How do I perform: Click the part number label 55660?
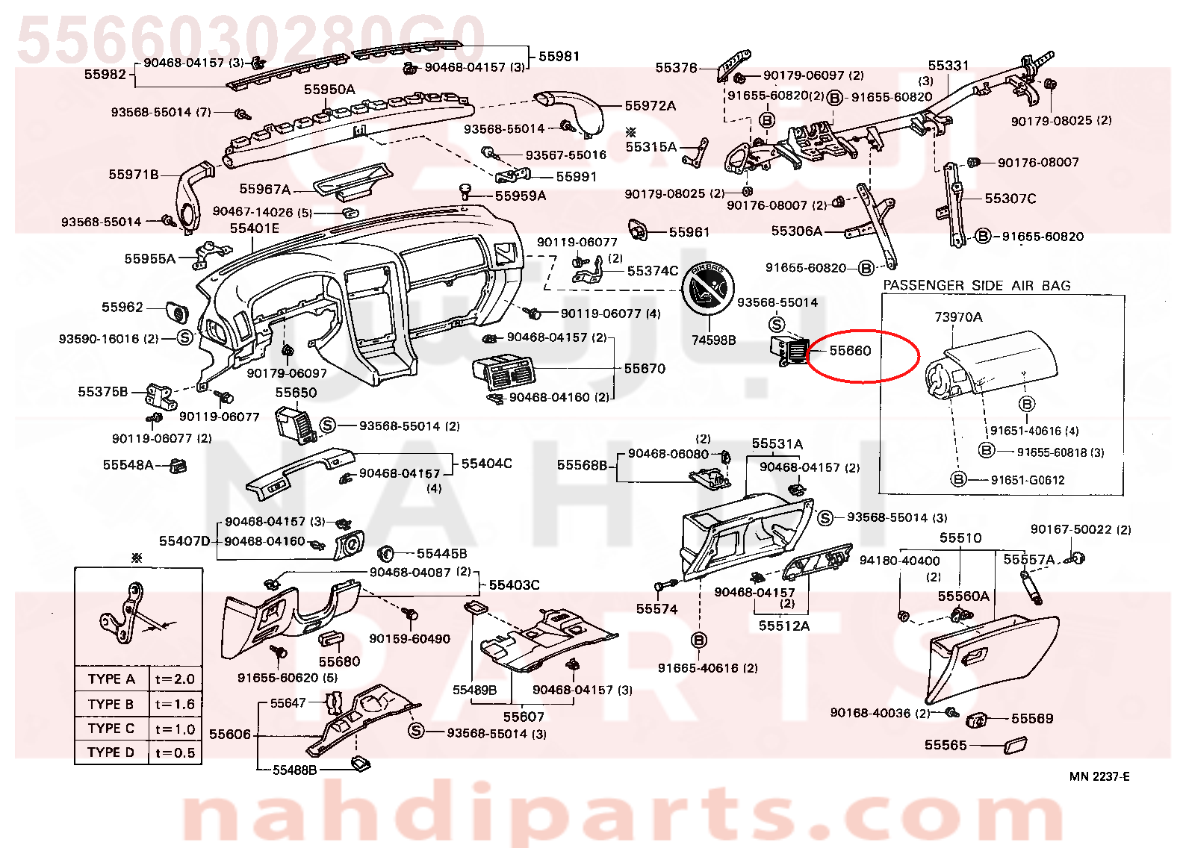[x=850, y=351]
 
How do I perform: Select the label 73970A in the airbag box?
[x=958, y=317]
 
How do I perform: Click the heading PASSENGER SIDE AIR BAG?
[x=977, y=286]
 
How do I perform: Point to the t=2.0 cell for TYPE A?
[x=175, y=679]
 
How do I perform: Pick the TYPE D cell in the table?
[x=111, y=752]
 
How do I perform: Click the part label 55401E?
[x=254, y=228]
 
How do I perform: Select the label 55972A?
[x=650, y=105]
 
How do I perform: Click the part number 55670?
[x=645, y=368]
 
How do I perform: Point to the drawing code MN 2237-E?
[x=1099, y=776]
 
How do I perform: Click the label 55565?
[x=946, y=745]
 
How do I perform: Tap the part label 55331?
[x=948, y=66]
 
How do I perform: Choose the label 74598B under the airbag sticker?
[x=713, y=340]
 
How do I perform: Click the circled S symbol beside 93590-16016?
[x=184, y=337]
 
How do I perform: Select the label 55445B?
[x=441, y=553]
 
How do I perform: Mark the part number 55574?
[x=656, y=609]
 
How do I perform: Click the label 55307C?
[x=1010, y=199]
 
